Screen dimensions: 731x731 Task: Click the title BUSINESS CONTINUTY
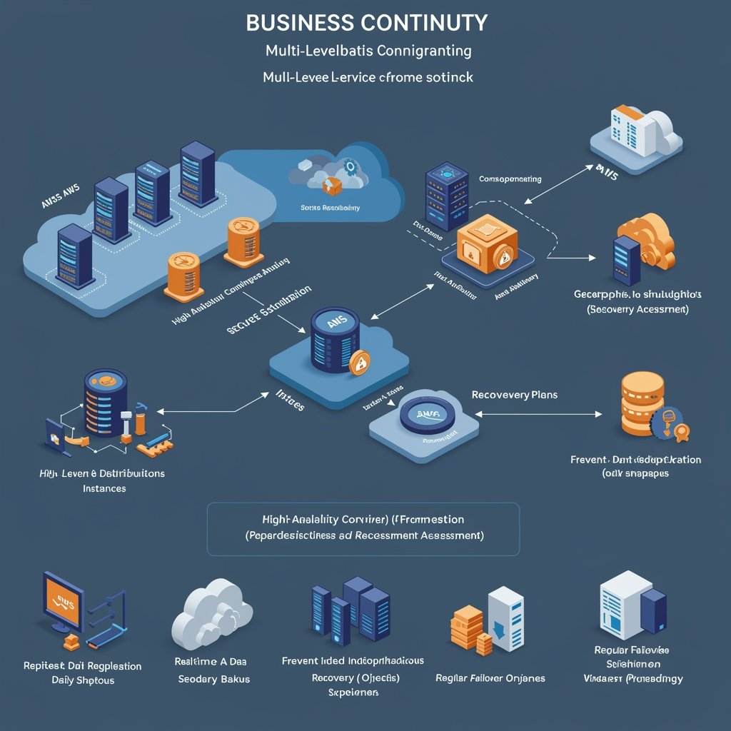coord(367,22)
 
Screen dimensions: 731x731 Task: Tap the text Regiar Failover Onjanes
coord(490,678)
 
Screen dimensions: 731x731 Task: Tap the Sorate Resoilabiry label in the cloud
coord(326,208)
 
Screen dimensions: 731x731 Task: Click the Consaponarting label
coord(510,179)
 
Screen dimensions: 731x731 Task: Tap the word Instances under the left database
coord(104,488)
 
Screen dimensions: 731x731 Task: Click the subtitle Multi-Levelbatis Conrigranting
coord(368,51)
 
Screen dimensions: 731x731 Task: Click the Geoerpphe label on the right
coord(637,293)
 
